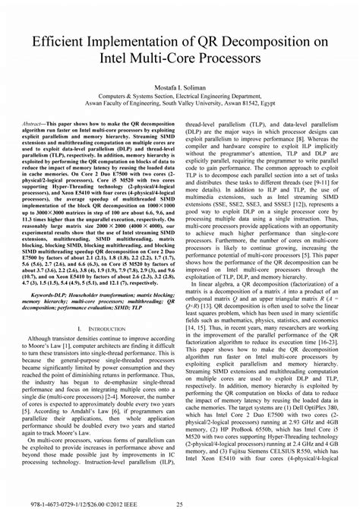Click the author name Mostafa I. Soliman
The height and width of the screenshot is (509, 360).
(x=179, y=89)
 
